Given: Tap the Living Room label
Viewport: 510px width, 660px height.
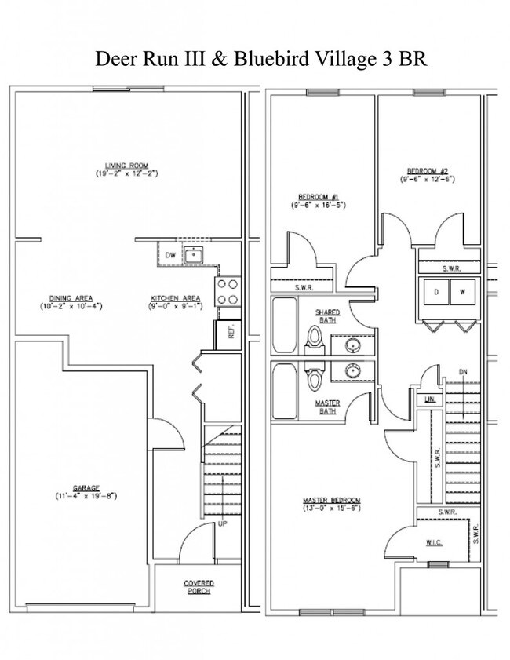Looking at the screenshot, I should pyautogui.click(x=127, y=165).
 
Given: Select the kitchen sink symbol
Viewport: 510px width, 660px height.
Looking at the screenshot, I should pyautogui.click(x=193, y=253).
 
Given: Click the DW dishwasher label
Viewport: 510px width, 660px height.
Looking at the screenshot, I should pyautogui.click(x=169, y=254).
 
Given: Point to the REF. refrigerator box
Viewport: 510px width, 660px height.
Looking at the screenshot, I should pyautogui.click(x=231, y=333).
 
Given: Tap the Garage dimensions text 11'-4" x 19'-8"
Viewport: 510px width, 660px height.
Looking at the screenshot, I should pyautogui.click(x=86, y=496).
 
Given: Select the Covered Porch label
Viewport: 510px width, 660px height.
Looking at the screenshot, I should pyautogui.click(x=199, y=587).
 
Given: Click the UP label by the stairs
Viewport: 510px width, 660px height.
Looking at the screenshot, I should pyautogui.click(x=222, y=523).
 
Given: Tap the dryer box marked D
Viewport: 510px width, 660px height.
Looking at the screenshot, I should pyautogui.click(x=436, y=292).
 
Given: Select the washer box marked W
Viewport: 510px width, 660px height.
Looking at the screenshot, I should pyautogui.click(x=462, y=292).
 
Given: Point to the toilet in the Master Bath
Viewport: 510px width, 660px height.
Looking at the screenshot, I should pyautogui.click(x=315, y=380).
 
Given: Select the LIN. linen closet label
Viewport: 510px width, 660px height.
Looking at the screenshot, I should pyautogui.click(x=429, y=399).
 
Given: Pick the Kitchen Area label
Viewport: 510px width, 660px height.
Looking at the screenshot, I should pyautogui.click(x=177, y=297).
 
